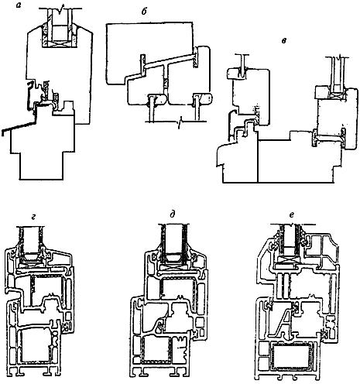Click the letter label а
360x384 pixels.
(x=19, y=5)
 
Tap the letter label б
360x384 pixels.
(x=144, y=12)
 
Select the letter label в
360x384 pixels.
(x=284, y=41)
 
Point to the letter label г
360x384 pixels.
(x=33, y=218)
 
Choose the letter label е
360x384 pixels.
(x=292, y=214)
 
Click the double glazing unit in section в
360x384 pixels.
(x=338, y=77)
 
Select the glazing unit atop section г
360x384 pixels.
(x=32, y=244)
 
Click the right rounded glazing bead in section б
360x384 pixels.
(x=203, y=99)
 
